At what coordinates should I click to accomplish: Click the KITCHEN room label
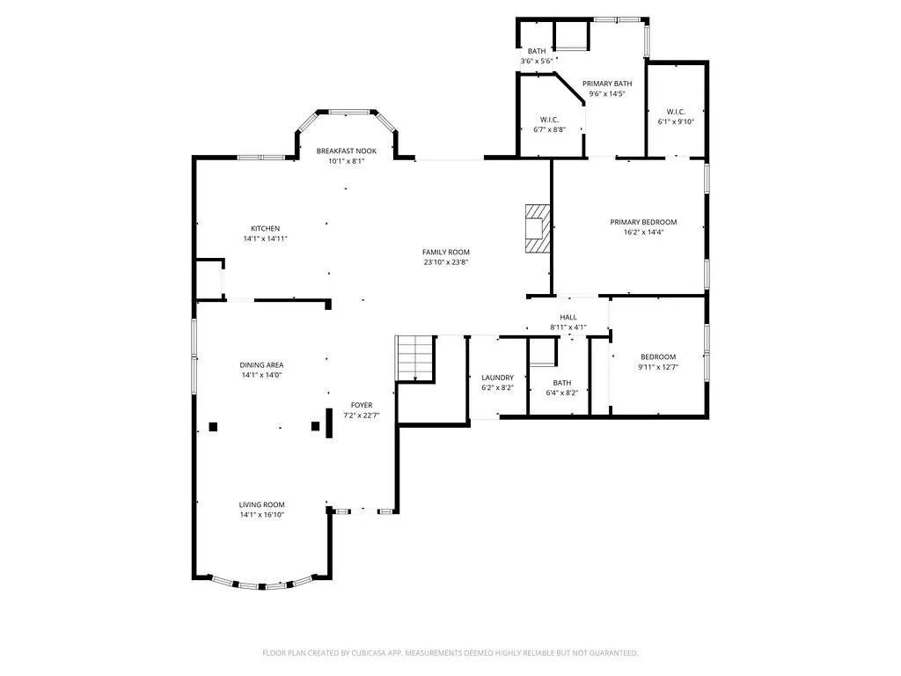coord(265,229)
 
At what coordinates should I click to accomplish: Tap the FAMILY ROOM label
coord(446,253)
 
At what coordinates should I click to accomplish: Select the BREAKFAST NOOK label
coord(347,151)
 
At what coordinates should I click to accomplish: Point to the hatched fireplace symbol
coord(538,228)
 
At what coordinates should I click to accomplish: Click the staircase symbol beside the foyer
coord(414,357)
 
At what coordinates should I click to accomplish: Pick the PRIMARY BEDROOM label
coord(643,223)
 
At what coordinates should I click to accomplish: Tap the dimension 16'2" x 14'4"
coord(643,232)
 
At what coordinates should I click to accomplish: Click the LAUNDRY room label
coord(498,378)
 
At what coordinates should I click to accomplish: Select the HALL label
coord(568,317)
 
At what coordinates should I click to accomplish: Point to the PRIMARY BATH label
coord(607,84)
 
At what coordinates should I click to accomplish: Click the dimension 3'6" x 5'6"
coord(537,61)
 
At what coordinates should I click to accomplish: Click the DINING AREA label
coord(261,365)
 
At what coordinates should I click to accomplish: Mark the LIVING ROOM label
coord(262,504)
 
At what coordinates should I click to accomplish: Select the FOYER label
coord(362,405)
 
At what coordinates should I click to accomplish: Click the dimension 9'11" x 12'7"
coord(658,367)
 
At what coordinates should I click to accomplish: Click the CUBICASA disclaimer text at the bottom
coord(450,653)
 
